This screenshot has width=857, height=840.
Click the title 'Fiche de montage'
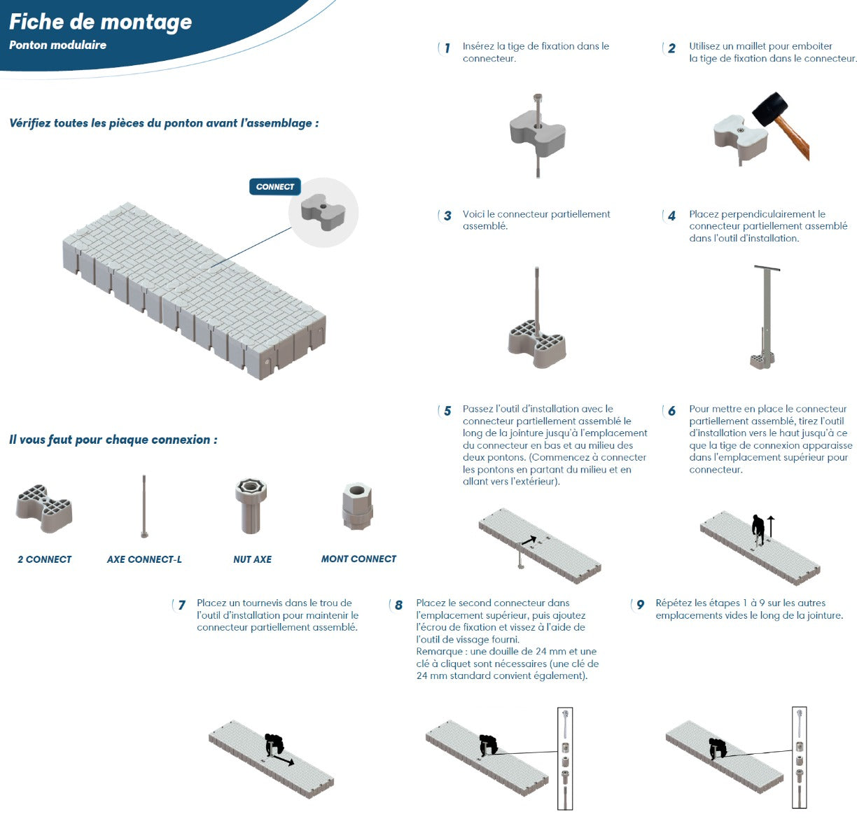coord(100,22)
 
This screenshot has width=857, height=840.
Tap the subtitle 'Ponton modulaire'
coord(57,45)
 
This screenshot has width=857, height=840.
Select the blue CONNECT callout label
coord(275,187)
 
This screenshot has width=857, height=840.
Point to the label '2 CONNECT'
coord(44,559)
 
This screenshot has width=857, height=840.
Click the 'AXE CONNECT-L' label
coord(144,559)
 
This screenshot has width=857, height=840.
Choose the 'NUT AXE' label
coord(252,559)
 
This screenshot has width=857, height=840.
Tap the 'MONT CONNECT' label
coord(358,559)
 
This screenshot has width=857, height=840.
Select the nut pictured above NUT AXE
coord(251,505)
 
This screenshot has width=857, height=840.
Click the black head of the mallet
coord(770,108)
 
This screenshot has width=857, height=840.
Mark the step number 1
coord(447,48)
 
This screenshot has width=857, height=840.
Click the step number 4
coord(671,216)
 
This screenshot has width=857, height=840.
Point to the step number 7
coord(181,605)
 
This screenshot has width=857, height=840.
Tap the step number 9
coord(640,605)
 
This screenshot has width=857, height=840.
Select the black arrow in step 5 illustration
coord(529,540)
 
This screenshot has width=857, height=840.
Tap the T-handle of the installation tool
coord(767,268)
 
